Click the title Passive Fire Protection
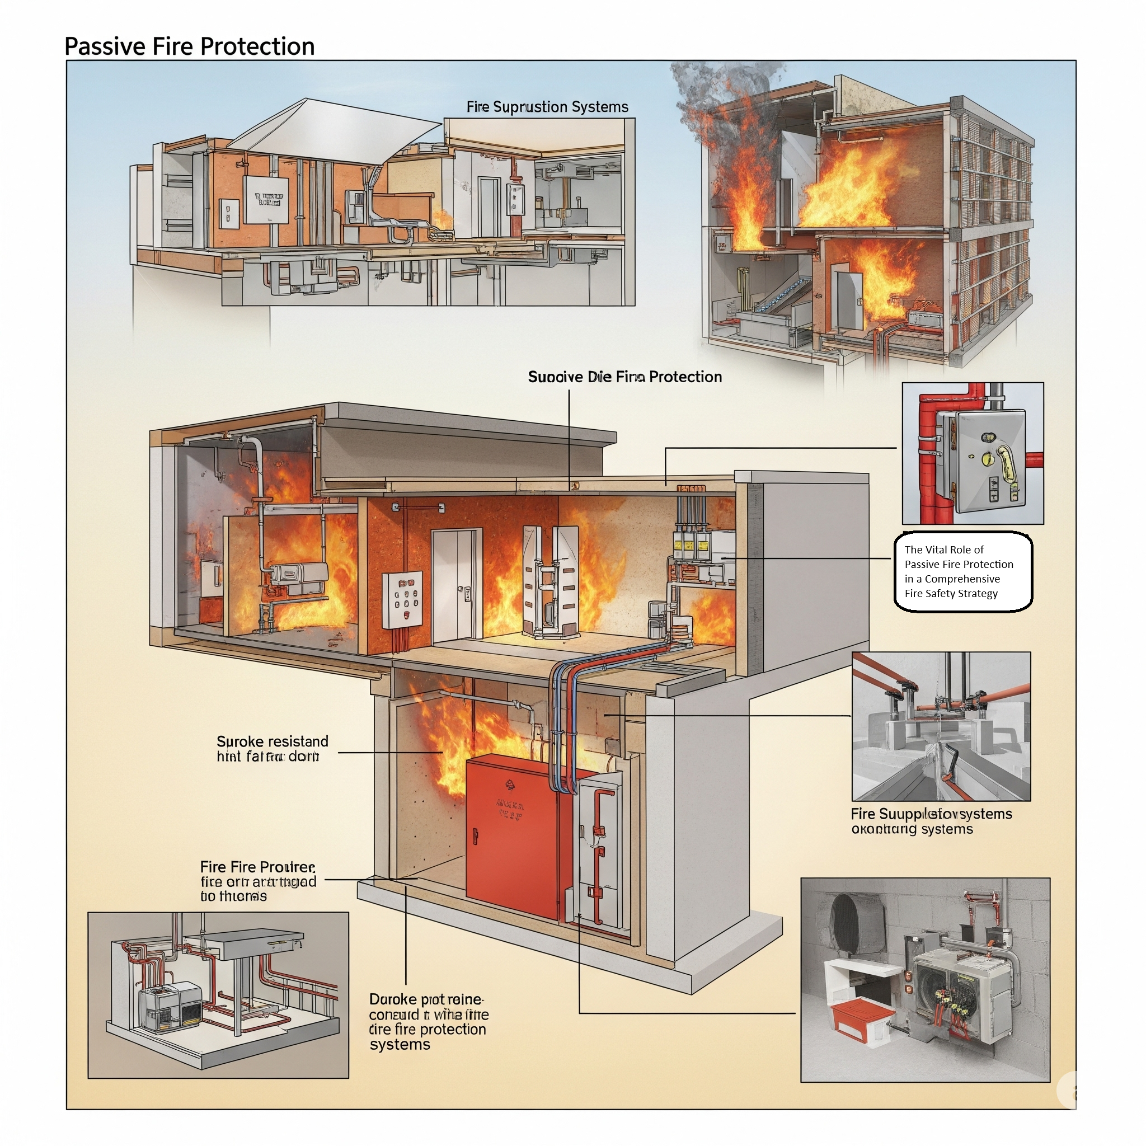point(189,46)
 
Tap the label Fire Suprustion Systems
point(547,107)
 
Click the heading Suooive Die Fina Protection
point(624,377)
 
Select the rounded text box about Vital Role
point(962,571)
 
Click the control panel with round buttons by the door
point(402,599)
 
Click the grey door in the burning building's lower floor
point(847,300)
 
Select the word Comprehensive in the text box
point(962,579)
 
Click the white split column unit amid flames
point(551,581)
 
